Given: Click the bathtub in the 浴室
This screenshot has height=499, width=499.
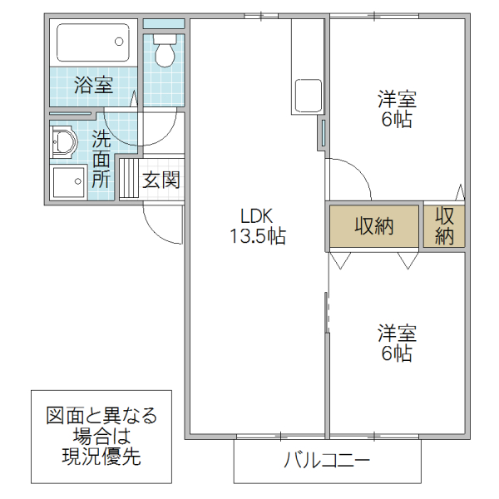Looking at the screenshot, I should [93, 42].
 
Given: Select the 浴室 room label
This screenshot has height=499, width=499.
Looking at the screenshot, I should [93, 85].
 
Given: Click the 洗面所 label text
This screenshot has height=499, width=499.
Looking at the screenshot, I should [101, 158].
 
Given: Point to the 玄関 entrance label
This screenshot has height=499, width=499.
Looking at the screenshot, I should [161, 180].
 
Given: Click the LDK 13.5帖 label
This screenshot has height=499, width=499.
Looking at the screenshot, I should [258, 226].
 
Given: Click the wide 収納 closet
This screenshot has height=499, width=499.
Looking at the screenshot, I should [374, 225].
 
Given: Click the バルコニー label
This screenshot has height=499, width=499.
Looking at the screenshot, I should [326, 460].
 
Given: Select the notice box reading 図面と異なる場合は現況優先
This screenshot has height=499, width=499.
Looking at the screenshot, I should [101, 436].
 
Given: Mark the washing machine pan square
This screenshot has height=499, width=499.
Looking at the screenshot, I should [67, 181].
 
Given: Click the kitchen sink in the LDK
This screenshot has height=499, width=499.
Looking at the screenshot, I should [305, 97].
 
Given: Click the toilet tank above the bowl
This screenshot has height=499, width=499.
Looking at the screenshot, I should [165, 39].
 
